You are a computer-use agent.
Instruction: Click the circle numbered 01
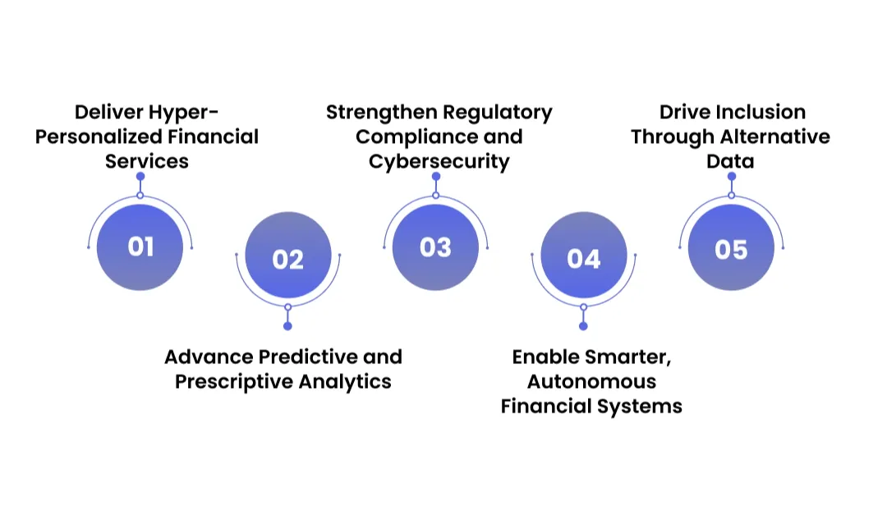(x=140, y=247)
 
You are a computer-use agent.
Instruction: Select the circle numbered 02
(x=287, y=259)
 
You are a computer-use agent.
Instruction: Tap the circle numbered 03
(x=435, y=247)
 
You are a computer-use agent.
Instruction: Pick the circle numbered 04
(x=583, y=259)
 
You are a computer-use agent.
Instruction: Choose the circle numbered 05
(x=731, y=247)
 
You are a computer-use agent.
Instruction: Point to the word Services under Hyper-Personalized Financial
(x=146, y=161)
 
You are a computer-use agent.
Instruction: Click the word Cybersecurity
(x=439, y=161)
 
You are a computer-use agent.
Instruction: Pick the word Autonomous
(x=591, y=381)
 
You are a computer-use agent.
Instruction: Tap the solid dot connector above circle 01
(x=140, y=177)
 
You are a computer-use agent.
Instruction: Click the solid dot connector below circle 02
(x=287, y=326)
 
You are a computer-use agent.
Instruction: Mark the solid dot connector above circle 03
(x=435, y=177)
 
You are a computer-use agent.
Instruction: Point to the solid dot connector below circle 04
(x=583, y=326)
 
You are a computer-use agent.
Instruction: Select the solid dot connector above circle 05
(x=731, y=177)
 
